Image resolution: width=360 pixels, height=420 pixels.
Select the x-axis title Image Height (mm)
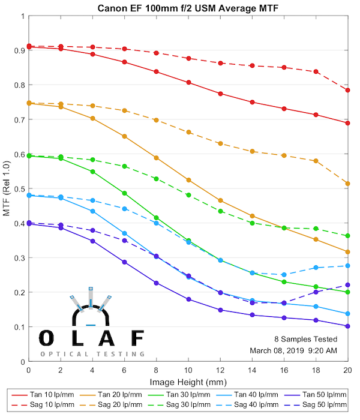pos(188,382)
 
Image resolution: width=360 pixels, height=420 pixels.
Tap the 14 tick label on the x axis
pos(252,371)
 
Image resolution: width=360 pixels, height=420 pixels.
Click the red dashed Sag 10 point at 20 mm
pos(348,90)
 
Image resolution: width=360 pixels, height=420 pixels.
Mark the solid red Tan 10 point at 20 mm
pos(348,123)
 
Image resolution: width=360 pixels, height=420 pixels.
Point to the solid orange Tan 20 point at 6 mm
pos(124,136)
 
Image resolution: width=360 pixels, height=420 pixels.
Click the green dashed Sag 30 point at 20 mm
pos(348,236)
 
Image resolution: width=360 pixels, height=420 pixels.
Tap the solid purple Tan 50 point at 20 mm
pos(348,326)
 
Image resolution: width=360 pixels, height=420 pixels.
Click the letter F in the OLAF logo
pos(137,338)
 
